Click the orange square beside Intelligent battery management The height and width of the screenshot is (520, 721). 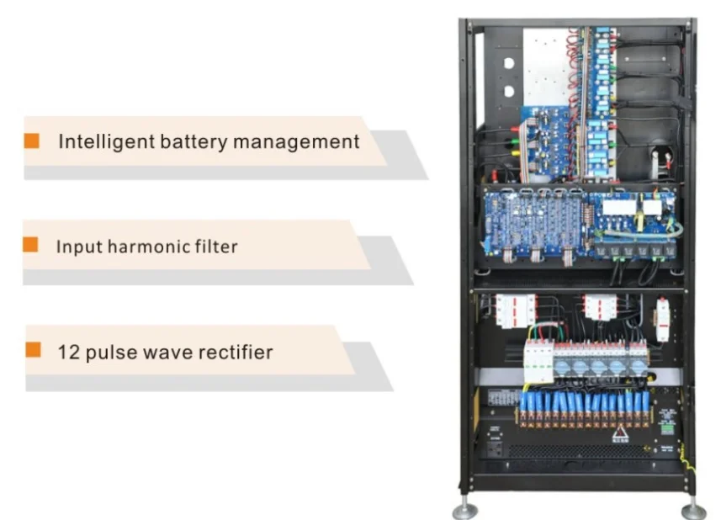(32, 140)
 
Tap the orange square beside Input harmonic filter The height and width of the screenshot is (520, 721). (30, 245)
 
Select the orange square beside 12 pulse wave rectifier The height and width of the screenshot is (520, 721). (33, 349)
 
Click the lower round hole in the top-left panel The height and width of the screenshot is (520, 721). (507, 91)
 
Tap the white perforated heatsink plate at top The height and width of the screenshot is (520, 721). (547, 67)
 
